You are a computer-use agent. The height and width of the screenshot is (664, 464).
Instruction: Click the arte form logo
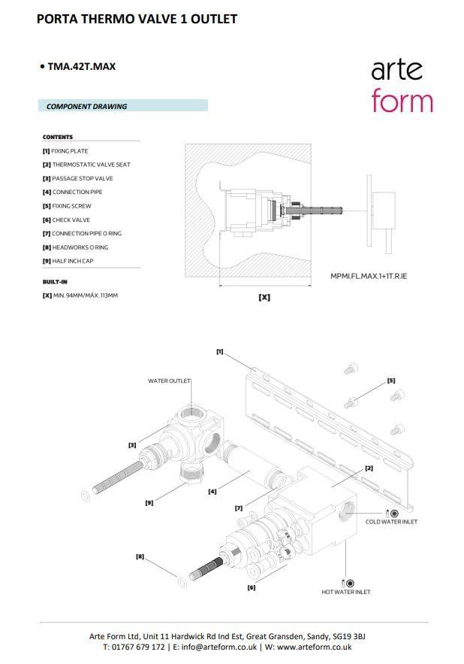pyautogui.click(x=402, y=86)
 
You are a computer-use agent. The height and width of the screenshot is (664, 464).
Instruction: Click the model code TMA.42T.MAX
pyautogui.click(x=81, y=66)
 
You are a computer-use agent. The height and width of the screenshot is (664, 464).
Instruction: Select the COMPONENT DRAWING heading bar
pyautogui.click(x=122, y=106)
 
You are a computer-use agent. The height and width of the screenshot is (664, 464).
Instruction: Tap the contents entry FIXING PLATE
pyautogui.click(x=69, y=151)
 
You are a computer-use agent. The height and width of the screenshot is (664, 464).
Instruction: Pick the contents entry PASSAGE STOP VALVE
pyautogui.click(x=82, y=178)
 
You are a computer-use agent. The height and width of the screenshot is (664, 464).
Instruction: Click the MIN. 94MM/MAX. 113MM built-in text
pyautogui.click(x=85, y=296)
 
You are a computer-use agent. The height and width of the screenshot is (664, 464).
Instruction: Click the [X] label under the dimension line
pyautogui.click(x=264, y=297)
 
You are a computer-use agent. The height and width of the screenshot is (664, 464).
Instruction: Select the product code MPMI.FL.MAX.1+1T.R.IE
pyautogui.click(x=369, y=276)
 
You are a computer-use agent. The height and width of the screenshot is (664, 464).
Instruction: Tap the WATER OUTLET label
pyautogui.click(x=169, y=381)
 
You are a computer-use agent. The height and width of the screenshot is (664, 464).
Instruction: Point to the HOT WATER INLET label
pyautogui.click(x=346, y=592)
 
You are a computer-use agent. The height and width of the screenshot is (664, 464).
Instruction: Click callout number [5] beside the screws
pyautogui.click(x=391, y=381)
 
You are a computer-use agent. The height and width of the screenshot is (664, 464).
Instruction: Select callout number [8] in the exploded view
pyautogui.click(x=140, y=556)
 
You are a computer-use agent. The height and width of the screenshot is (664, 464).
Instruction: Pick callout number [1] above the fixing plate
pyautogui.click(x=219, y=351)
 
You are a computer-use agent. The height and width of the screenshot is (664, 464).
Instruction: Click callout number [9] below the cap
pyautogui.click(x=149, y=502)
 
